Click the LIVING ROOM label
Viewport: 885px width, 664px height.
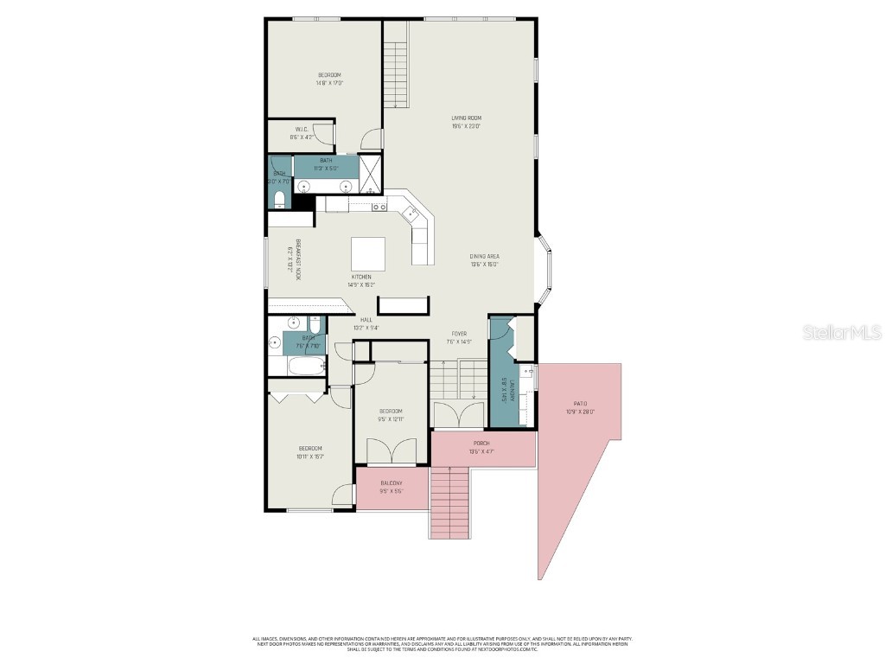tap(466, 118)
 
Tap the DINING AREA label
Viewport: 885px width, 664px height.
tap(484, 256)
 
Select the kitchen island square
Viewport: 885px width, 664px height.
tap(367, 254)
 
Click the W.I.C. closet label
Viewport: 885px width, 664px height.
tap(302, 130)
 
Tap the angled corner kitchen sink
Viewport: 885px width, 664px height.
tap(414, 216)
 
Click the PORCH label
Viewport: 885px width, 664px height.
tap(481, 444)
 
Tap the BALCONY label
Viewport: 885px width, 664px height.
tap(392, 483)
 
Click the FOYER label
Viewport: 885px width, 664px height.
tap(459, 334)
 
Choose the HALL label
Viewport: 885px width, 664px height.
tap(367, 320)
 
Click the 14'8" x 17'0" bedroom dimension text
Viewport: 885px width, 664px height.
tap(330, 83)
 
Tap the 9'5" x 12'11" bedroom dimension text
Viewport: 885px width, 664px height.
tap(391, 418)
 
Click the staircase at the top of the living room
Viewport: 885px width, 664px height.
tap(396, 64)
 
